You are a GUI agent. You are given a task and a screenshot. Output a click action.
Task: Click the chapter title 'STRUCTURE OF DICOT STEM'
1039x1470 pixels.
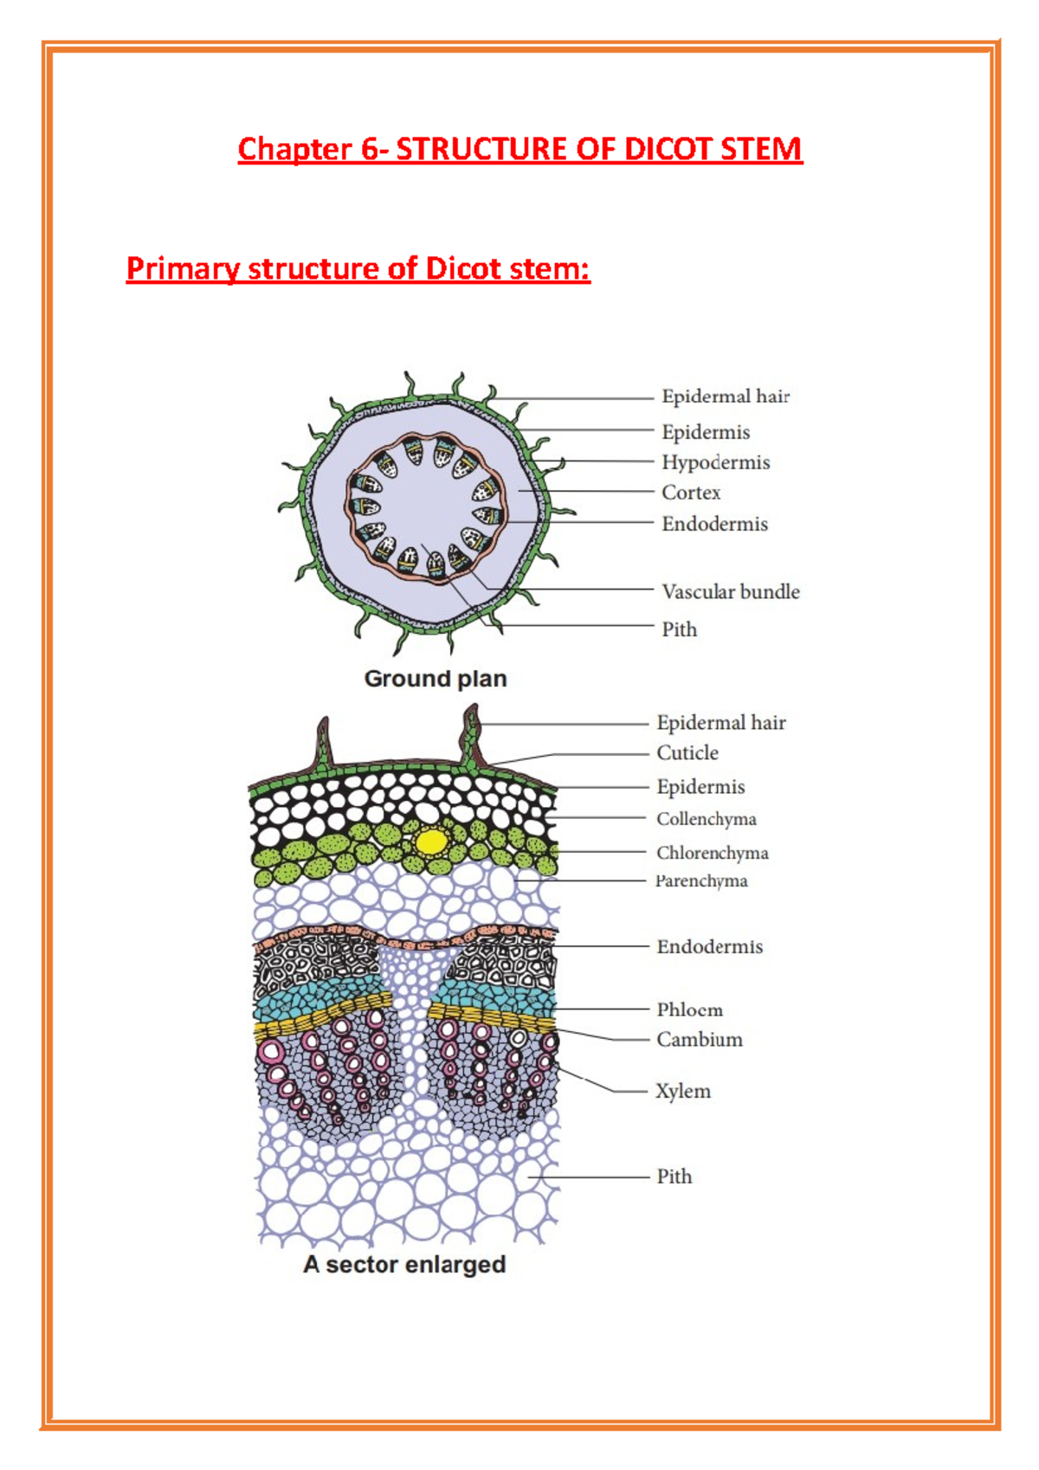point(598,149)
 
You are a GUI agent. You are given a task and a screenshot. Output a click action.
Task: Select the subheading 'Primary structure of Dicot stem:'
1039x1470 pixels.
point(358,268)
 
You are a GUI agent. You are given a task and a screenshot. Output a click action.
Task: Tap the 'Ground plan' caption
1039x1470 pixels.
point(435,679)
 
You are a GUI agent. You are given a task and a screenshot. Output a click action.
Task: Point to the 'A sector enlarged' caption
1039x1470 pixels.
point(404,1265)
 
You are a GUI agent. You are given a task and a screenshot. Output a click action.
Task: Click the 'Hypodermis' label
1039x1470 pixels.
point(715,462)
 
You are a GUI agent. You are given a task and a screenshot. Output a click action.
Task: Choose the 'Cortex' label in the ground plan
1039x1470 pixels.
point(691,493)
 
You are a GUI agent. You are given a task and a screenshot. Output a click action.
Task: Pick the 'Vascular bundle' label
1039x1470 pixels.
point(730,592)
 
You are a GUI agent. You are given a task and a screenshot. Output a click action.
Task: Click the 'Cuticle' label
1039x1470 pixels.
point(687,753)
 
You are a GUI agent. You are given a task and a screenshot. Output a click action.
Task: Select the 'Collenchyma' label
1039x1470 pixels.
point(706,819)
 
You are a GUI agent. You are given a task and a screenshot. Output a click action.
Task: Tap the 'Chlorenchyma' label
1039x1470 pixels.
point(712,853)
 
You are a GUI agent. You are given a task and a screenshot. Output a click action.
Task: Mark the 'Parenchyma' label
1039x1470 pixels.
point(701,881)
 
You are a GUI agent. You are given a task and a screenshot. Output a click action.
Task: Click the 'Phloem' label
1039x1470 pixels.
point(689,1009)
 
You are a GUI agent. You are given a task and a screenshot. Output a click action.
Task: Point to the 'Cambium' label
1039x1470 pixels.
point(699,1040)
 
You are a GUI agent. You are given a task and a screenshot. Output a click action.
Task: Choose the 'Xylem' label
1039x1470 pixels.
point(683,1091)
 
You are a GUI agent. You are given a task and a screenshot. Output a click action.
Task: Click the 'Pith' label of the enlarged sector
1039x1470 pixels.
point(674,1177)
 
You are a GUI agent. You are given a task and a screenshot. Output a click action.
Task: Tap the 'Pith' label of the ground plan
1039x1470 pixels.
point(679,629)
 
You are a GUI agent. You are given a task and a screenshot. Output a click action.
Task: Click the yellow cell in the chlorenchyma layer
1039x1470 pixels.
point(431,841)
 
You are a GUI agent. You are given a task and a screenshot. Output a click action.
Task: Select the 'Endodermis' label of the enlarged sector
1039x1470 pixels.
point(709,947)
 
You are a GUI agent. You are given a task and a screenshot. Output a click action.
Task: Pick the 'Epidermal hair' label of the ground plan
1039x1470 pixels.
point(726,397)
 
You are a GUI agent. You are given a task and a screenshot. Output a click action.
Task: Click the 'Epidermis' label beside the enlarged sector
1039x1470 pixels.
point(700,787)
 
